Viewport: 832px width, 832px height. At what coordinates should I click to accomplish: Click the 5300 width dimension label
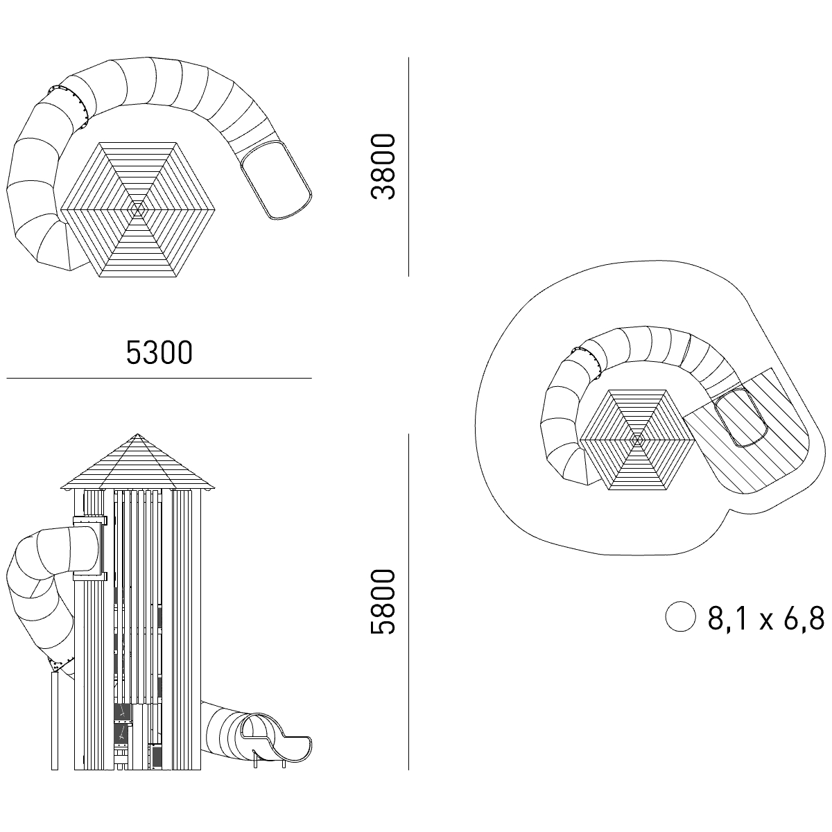click(159, 353)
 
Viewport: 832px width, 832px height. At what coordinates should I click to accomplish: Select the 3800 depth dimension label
click(383, 166)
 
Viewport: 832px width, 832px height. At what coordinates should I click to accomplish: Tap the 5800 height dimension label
click(383, 601)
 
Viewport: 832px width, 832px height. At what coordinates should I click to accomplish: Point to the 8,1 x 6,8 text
click(766, 618)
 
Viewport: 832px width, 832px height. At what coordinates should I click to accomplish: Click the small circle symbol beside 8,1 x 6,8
click(680, 616)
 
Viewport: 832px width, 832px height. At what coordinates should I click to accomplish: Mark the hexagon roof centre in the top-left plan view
click(138, 209)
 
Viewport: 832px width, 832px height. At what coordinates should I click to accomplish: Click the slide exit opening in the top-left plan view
click(275, 180)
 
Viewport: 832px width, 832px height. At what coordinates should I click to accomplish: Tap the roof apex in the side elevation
click(138, 434)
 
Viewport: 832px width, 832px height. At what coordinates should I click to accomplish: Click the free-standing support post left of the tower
click(54, 720)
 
